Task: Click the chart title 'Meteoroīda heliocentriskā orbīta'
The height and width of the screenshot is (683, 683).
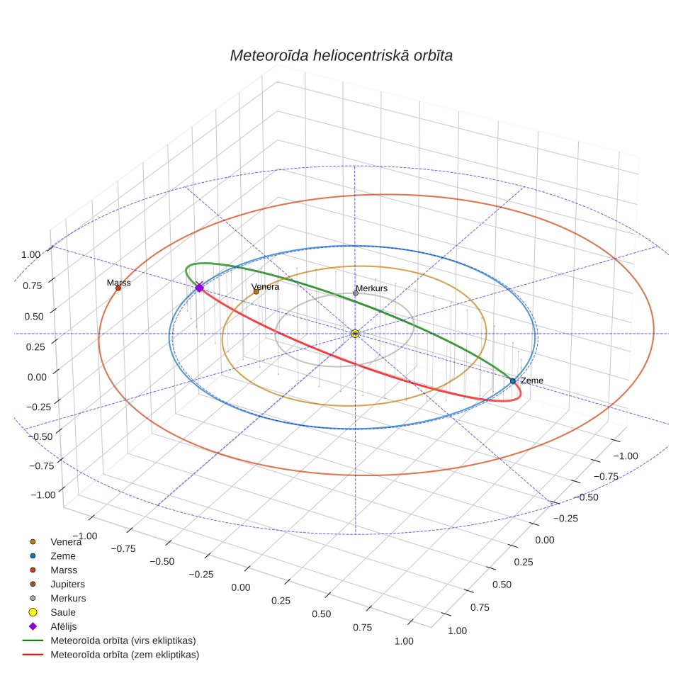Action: [x=341, y=56]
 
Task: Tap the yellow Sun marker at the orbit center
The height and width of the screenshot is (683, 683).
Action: [x=355, y=334]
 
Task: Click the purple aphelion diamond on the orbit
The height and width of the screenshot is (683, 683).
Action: [x=199, y=288]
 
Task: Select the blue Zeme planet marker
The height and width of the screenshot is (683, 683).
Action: [x=513, y=381]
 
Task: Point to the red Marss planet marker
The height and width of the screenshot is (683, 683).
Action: [x=118, y=288]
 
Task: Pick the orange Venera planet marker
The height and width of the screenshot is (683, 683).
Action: [x=256, y=292]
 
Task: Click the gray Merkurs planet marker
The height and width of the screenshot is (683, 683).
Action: [x=356, y=293]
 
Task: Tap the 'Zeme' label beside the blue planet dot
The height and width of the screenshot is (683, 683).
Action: [x=532, y=380]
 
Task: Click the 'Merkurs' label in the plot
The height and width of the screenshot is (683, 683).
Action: [x=371, y=288]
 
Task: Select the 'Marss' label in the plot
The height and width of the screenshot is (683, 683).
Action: [x=118, y=283]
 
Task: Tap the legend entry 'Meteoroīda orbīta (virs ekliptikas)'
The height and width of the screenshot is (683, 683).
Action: [x=109, y=640]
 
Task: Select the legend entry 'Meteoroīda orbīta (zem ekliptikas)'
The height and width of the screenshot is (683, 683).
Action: [x=111, y=655]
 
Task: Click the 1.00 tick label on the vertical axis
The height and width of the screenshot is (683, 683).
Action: [x=31, y=255]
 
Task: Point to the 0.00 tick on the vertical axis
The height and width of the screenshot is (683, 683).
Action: [x=37, y=377]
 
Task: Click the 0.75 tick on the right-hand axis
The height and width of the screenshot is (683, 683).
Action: [x=480, y=607]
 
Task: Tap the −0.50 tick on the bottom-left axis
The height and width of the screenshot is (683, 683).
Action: [x=162, y=562]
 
